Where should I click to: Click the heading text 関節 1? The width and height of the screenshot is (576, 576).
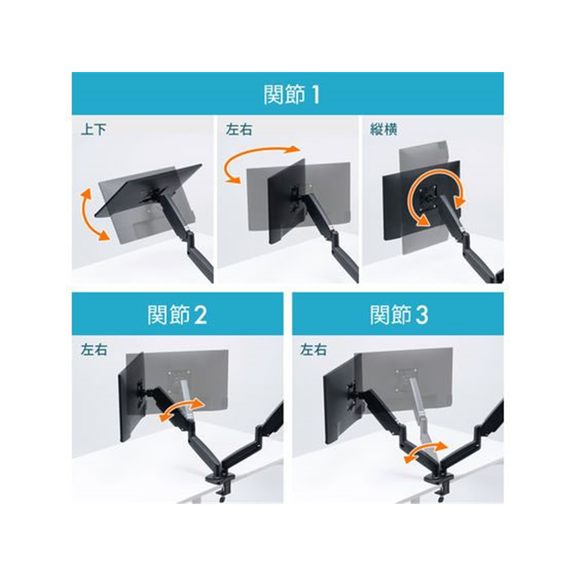(x=292, y=94)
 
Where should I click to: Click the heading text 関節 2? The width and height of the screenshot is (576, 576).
(x=177, y=315)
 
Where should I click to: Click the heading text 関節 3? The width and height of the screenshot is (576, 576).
(x=399, y=315)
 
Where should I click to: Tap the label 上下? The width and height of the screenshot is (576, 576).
(x=94, y=130)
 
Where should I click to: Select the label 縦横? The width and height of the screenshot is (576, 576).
(x=384, y=130)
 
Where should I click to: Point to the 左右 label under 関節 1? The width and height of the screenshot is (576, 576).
(x=239, y=130)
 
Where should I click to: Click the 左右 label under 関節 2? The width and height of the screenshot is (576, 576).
(x=94, y=350)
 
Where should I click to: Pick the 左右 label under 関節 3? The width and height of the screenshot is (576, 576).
(x=313, y=350)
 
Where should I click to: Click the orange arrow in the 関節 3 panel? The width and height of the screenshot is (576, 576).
(x=426, y=451)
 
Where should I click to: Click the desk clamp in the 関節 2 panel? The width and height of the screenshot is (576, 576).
(x=220, y=484)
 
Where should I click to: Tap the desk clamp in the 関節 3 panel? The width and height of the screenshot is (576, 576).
(x=439, y=484)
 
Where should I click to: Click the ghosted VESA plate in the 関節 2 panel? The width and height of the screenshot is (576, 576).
(x=179, y=381)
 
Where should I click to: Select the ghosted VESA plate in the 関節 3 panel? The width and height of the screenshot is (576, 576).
(x=407, y=380)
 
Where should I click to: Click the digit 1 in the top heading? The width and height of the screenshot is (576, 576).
(x=315, y=95)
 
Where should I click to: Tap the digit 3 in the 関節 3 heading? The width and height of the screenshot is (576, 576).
(x=422, y=315)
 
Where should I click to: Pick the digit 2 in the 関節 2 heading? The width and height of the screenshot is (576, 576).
(x=201, y=315)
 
